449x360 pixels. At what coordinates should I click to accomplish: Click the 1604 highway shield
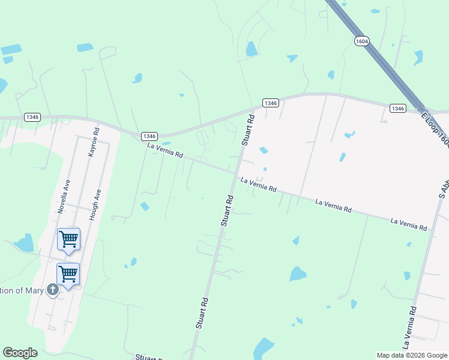pos(361,41)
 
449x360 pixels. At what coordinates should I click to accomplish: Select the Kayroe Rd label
pos(94,142)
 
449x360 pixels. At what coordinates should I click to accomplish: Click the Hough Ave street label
pos(95,205)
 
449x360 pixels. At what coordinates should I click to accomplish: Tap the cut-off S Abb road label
pos(444,183)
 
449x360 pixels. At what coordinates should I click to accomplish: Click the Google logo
pos(20,353)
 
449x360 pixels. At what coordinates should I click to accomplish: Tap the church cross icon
pos(53,290)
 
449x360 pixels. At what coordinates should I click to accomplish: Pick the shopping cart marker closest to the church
pos(68,274)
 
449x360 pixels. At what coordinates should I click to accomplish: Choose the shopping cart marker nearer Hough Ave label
pos(68,239)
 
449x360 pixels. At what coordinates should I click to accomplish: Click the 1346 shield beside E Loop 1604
pos(397,108)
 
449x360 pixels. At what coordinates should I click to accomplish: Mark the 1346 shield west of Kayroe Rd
pos(32,116)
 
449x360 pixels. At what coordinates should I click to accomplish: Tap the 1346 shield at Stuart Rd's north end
pos(270,103)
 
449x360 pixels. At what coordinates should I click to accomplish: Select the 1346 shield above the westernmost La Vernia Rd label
pos(149,136)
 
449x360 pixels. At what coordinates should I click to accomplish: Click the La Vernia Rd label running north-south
pos(410,327)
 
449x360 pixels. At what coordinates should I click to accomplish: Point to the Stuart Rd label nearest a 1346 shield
pos(248,131)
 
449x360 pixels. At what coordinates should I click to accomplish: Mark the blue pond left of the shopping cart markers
pos(25,243)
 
